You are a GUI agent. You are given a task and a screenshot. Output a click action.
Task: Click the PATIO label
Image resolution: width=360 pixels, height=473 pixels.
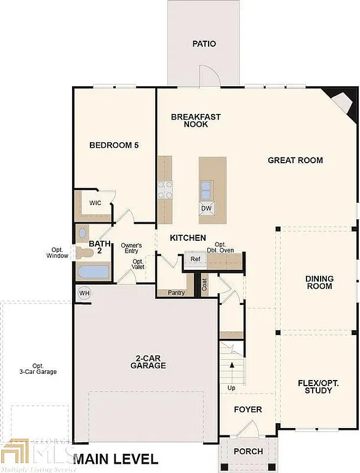pos(204,44)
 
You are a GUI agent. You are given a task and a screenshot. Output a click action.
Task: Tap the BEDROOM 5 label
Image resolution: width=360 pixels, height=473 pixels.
pos(114,145)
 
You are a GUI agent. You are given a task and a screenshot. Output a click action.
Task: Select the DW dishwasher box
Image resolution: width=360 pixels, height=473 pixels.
pos(207,208)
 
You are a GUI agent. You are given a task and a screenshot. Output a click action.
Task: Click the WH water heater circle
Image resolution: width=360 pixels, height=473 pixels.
pos(84,293)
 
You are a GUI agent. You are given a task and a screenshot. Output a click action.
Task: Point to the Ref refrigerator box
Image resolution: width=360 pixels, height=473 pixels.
pos(195,259)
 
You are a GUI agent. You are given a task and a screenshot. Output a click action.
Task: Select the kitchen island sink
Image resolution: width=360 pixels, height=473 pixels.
pos(207,188)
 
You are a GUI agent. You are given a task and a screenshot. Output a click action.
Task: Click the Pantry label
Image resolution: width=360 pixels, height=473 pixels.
pos(177,293)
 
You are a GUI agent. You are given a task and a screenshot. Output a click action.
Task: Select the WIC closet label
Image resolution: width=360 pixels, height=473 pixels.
pos(95,203)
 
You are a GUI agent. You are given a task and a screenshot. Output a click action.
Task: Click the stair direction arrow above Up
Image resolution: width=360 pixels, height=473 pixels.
pos(232,365)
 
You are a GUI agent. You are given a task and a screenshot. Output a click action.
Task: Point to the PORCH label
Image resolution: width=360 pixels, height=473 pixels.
pos(248,451)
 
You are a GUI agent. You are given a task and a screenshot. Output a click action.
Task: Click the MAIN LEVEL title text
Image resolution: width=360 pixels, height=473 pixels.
pos(116,459)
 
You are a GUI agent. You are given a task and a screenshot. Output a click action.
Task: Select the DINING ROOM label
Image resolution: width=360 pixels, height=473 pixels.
pos(319,283)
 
